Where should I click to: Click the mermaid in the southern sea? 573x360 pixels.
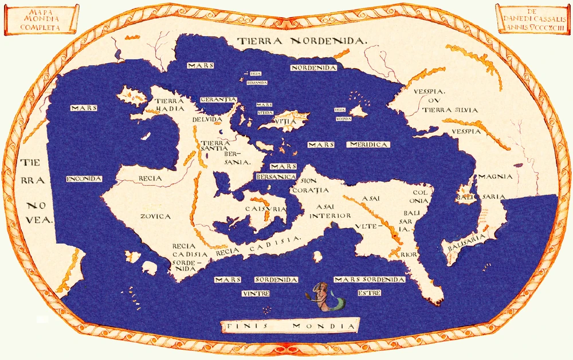(x=325, y=296)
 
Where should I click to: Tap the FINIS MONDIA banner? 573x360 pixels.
(x=290, y=326)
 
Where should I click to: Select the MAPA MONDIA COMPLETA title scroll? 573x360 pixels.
(x=40, y=18)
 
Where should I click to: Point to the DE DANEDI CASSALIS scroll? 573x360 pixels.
(x=532, y=18)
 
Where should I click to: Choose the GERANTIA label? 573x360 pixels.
(x=218, y=99)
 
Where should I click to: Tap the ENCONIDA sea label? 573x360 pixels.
(x=84, y=179)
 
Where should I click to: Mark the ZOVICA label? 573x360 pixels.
(x=155, y=216)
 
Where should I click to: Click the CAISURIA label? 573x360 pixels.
(x=265, y=210)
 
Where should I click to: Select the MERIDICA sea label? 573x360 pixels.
(x=368, y=144)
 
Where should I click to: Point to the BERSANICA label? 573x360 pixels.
(x=276, y=176)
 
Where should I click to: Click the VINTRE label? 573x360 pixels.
(x=256, y=293)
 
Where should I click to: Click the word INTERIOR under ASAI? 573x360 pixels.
(x=330, y=216)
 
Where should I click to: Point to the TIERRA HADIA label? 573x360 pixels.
(x=170, y=104)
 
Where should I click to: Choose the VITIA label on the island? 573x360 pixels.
(x=285, y=121)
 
